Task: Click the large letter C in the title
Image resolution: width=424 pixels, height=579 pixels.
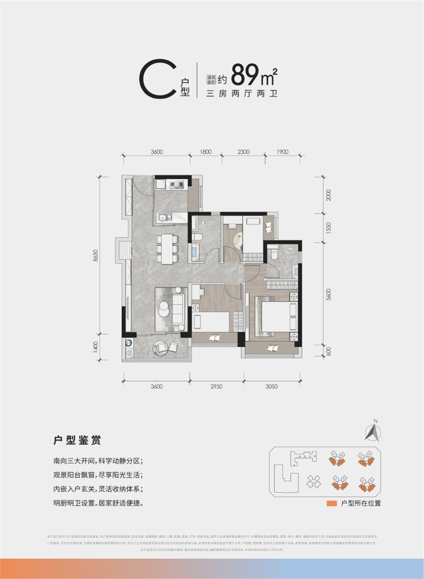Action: click(157, 81)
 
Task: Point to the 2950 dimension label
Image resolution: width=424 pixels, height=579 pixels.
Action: click(216, 387)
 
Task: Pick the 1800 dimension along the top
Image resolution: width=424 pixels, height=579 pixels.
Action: click(205, 152)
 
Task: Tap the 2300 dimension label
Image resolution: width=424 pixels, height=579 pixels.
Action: click(243, 152)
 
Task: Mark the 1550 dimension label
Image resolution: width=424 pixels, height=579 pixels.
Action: click(329, 227)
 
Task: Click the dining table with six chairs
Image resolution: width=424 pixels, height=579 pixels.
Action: click(167, 248)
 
